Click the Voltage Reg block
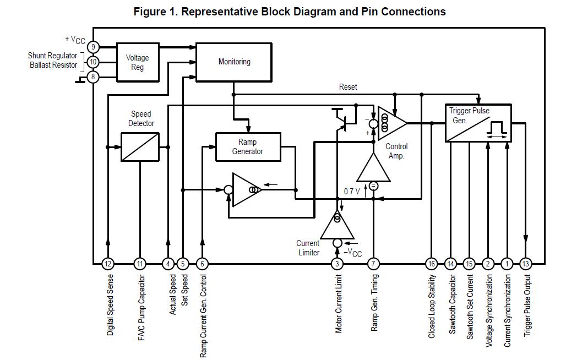pos(138,62)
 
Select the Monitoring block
pos(234,62)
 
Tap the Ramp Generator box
pos(248,147)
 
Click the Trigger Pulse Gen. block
pos(478,123)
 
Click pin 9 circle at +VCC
pos(93,47)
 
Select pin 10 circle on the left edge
pos(93,62)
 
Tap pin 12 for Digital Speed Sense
pos(108,264)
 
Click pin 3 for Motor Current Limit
pos(338,264)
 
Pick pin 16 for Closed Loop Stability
pos(432,264)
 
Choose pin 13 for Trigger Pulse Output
pos(526,264)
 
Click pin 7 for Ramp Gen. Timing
pos(373,264)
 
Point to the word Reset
pos(348,87)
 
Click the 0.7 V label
pos(352,192)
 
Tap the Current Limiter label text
pos(308,248)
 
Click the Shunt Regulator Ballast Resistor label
pos(53,61)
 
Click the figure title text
pos(290,12)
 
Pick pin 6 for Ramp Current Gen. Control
pos(202,264)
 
